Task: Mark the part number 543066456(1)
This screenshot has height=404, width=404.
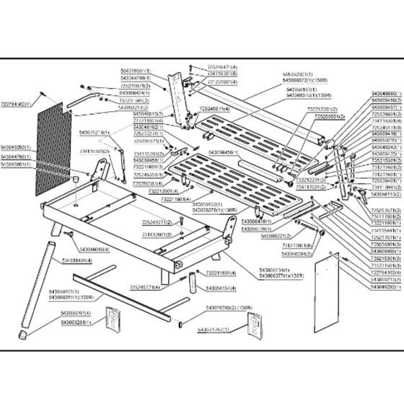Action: click(225, 153)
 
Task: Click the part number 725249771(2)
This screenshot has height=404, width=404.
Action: click(156, 223)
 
